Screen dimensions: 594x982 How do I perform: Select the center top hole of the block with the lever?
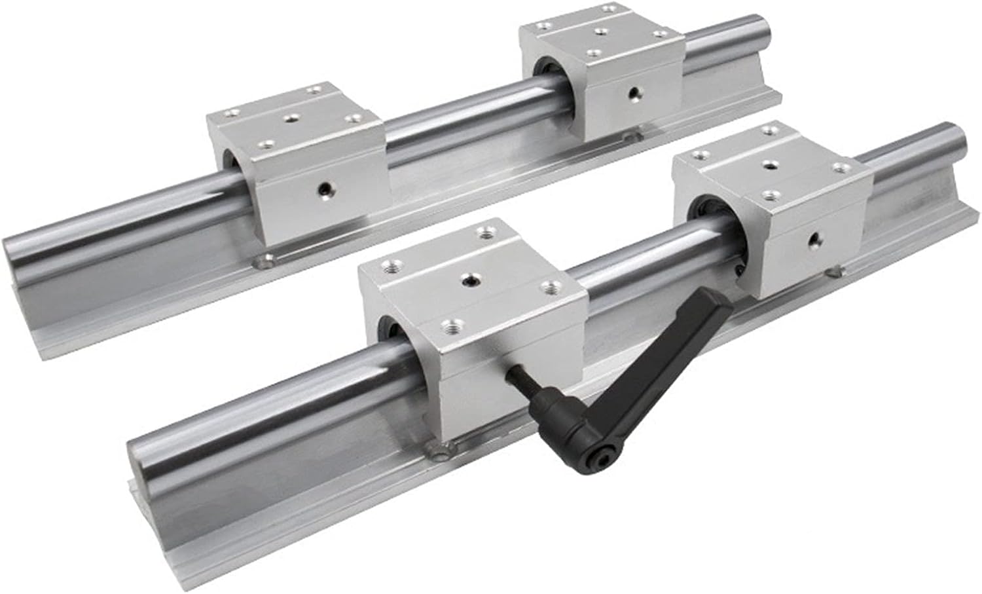pyautogui.click(x=469, y=280)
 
